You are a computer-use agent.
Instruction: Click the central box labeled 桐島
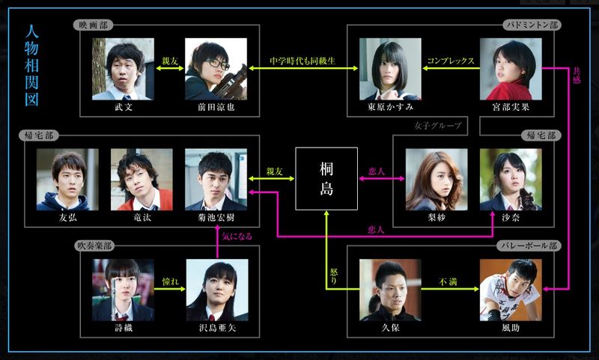pos(325,179)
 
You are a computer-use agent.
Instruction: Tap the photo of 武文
pos(124,69)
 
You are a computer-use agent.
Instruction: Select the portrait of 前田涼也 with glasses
pos(216,69)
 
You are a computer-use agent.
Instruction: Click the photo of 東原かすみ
pos(390,69)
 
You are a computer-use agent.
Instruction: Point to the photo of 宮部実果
pos(511,69)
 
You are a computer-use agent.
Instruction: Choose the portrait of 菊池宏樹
pos(216,180)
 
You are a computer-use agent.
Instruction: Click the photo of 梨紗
pos(437,180)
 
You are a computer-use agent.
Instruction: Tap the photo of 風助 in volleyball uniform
pos(511,290)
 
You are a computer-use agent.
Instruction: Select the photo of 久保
pos(390,290)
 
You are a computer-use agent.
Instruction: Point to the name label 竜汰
pos(142,219)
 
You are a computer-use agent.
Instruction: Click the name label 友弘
pos(67,219)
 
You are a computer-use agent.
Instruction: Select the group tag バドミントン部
pos(532,25)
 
